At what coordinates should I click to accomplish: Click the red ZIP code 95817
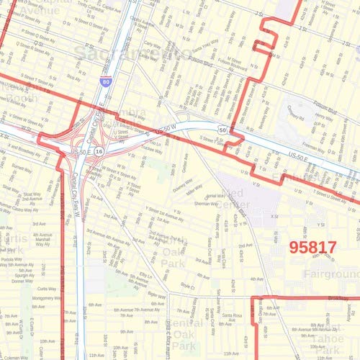(312, 247)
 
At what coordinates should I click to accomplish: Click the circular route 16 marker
(99, 153)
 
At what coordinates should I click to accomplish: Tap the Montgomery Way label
(47, 297)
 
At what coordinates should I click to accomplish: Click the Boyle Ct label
(187, 286)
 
